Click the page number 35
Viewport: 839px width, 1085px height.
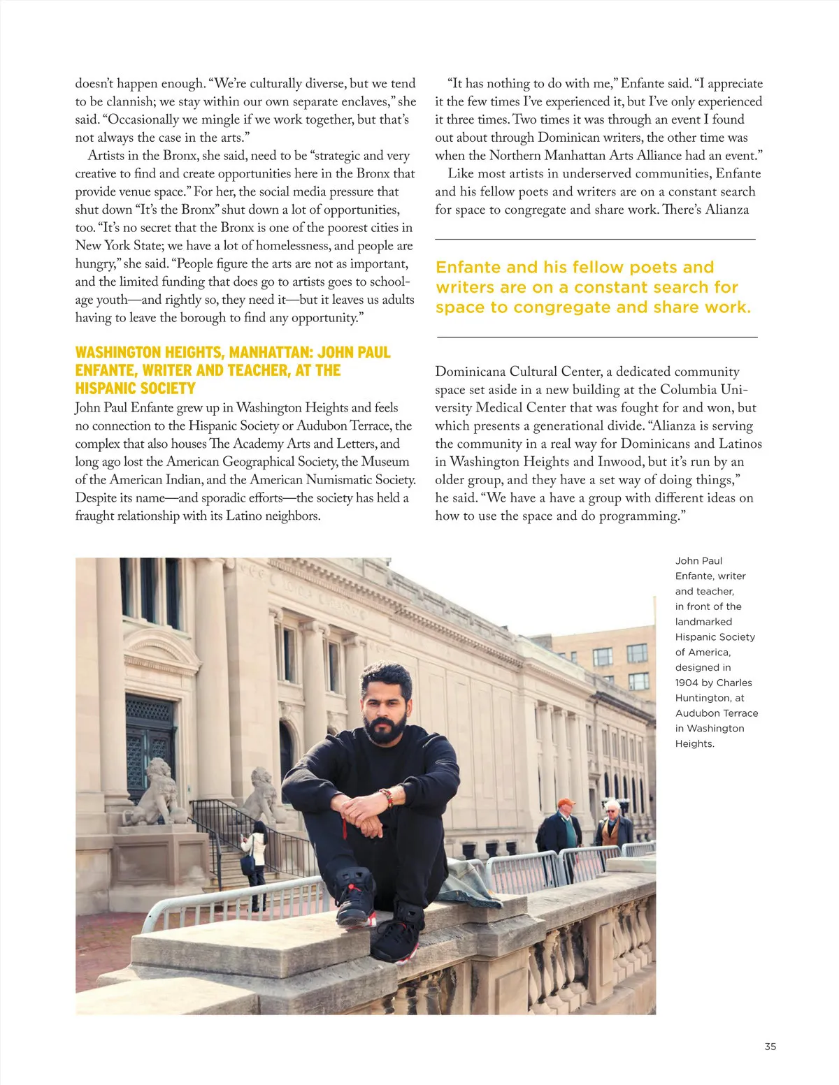click(770, 1047)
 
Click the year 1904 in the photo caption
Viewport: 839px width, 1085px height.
click(689, 683)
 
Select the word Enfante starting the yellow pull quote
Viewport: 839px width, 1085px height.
click(468, 268)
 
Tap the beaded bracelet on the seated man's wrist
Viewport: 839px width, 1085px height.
click(385, 797)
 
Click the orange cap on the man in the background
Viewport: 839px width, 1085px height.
click(566, 803)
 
